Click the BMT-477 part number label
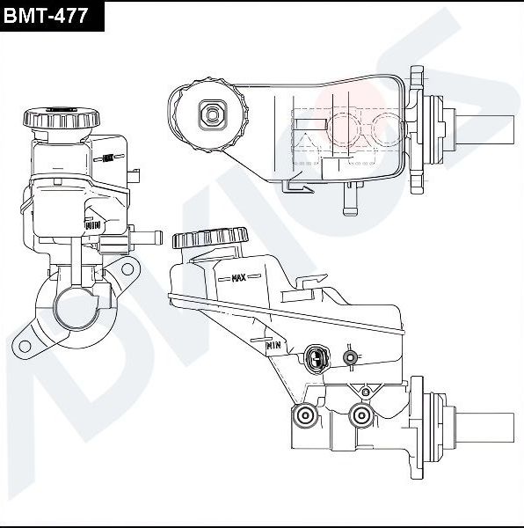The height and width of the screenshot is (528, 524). point(51,15)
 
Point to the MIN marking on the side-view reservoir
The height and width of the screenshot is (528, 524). point(273,346)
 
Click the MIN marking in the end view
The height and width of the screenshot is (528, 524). point(92,224)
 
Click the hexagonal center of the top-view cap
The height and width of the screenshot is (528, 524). point(211,112)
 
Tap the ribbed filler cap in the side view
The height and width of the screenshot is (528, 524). point(210,238)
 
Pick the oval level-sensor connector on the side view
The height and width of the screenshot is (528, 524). point(317,357)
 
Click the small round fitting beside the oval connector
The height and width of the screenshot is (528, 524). point(351,356)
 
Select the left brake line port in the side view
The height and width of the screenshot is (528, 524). point(306,416)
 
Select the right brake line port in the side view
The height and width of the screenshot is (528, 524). point(360,415)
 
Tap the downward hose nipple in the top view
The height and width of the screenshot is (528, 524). point(350,203)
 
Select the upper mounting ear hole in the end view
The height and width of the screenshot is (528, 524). point(127,268)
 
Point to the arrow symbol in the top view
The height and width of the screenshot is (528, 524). point(300,186)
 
